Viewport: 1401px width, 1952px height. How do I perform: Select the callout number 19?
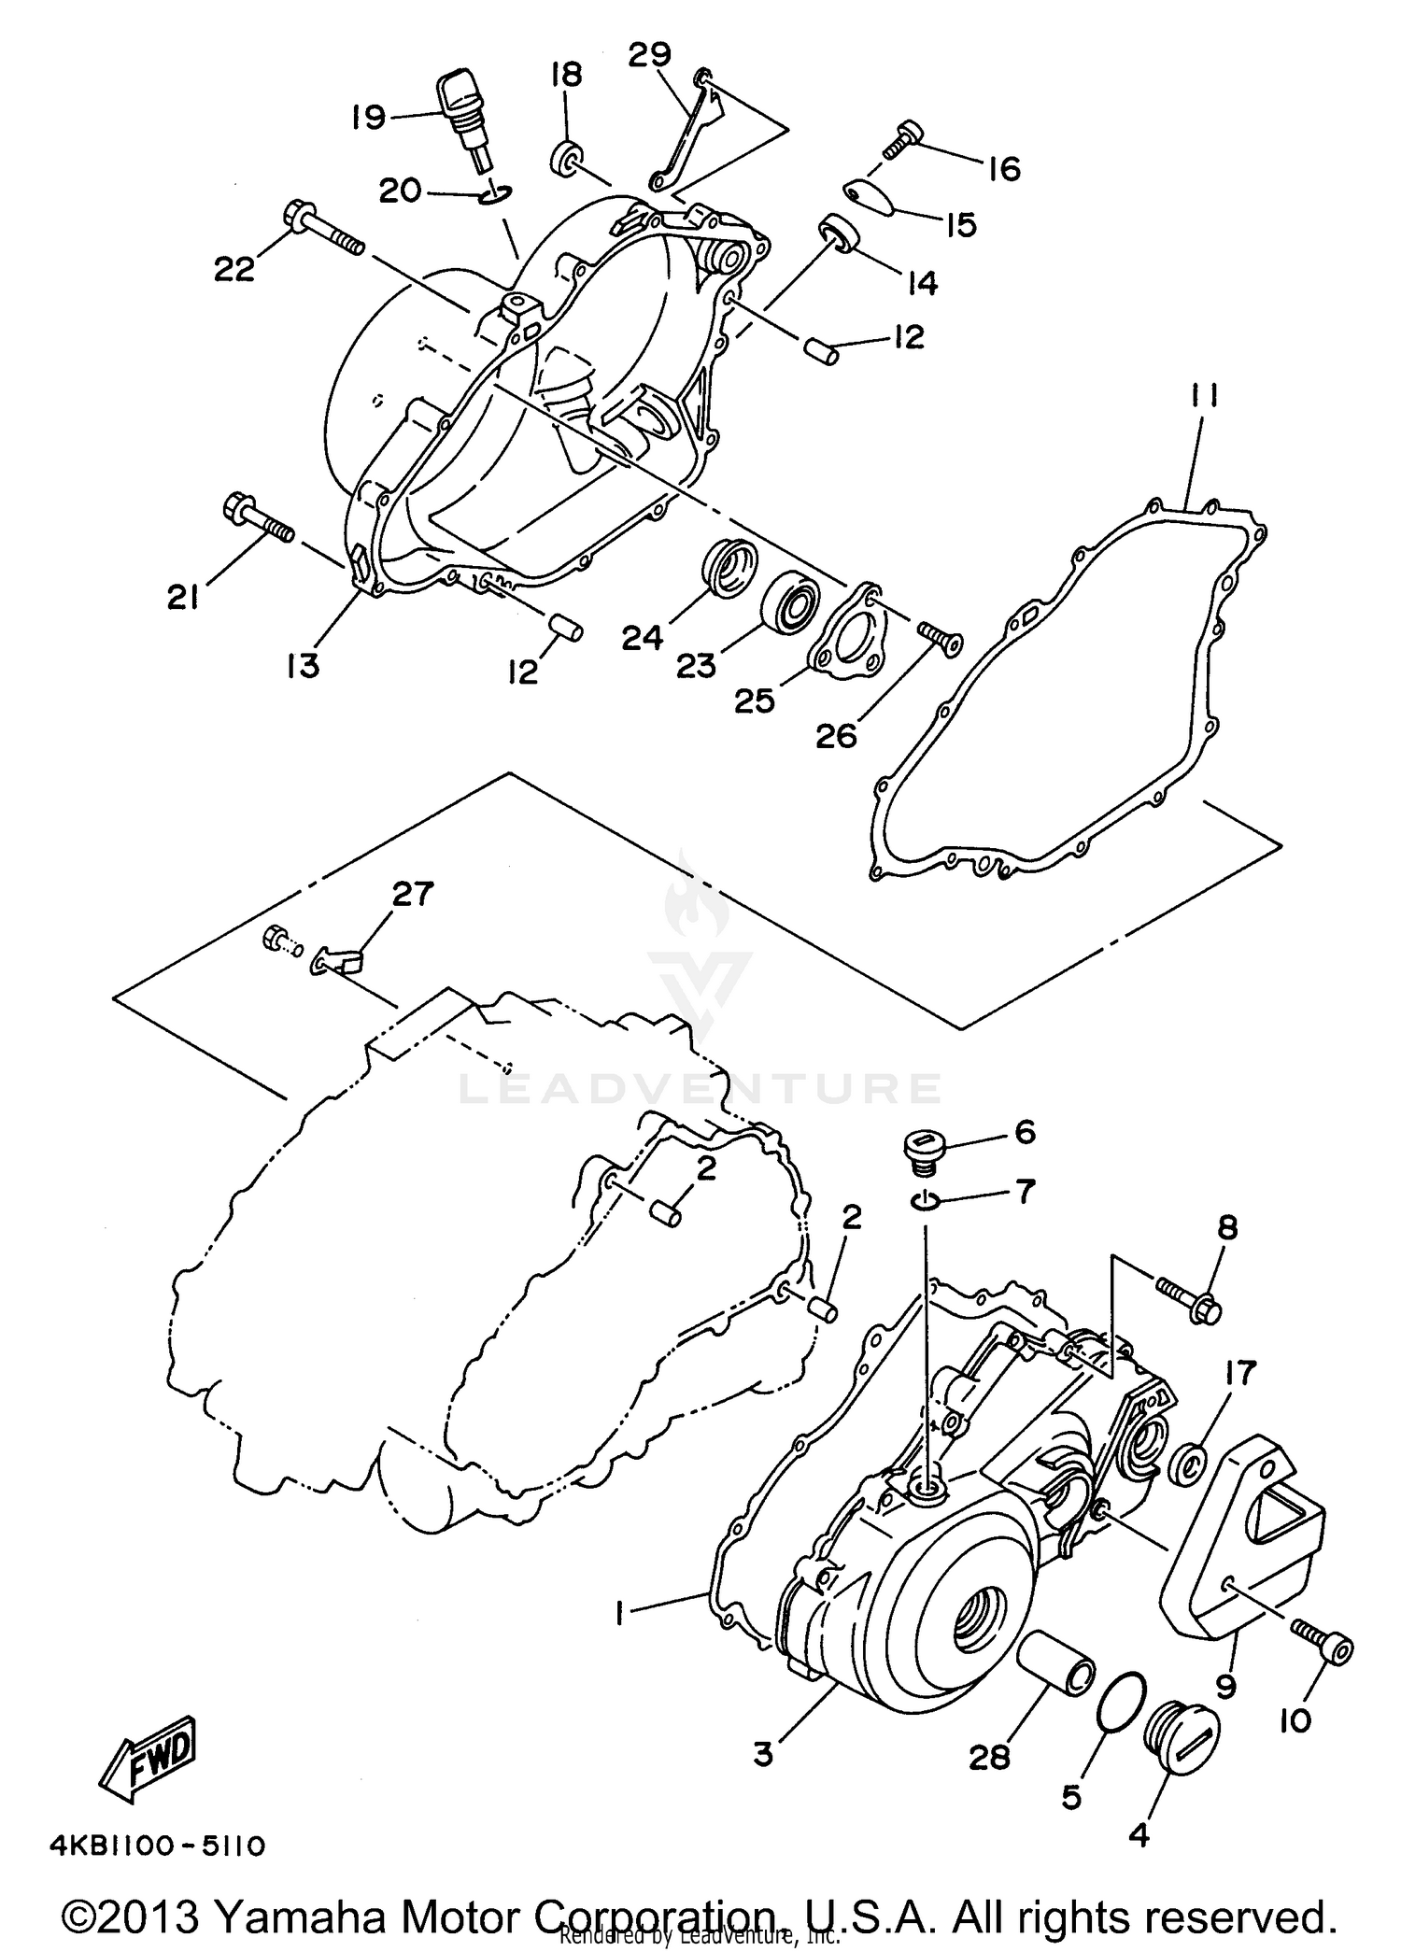[x=369, y=118]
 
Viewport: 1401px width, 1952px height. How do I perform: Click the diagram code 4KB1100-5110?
[x=157, y=1846]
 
